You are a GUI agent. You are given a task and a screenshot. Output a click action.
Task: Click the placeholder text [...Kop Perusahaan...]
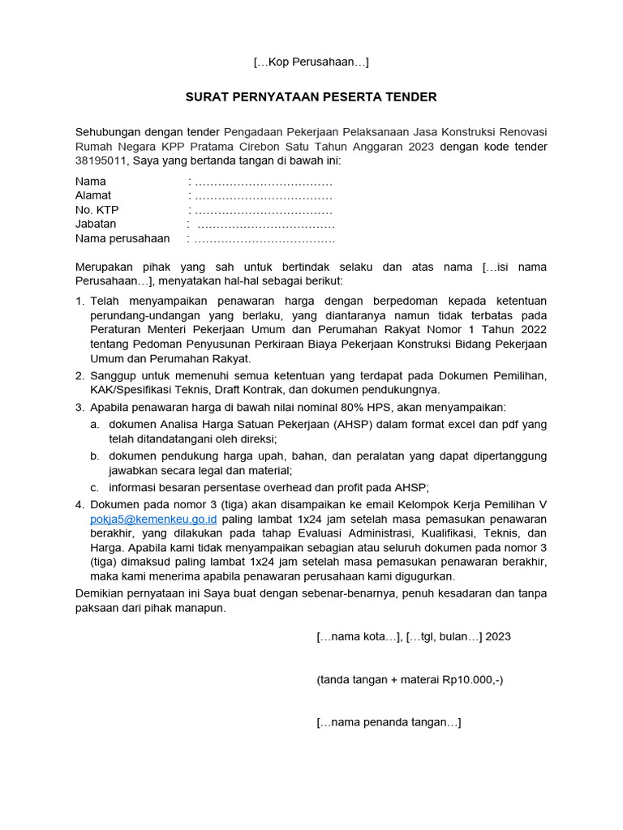point(311,62)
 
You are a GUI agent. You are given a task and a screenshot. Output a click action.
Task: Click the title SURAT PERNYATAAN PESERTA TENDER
point(311,97)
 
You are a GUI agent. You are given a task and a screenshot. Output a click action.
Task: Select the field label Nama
point(91,182)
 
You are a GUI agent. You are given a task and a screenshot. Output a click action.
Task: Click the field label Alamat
point(93,195)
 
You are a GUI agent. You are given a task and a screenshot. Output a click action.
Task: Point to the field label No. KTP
point(97,210)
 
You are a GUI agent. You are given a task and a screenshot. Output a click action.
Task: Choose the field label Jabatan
point(96,224)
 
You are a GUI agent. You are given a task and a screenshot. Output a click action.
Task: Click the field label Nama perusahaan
point(122,238)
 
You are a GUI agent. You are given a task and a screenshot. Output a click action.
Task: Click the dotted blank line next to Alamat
point(264,196)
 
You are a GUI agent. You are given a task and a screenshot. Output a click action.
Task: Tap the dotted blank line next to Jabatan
point(266,225)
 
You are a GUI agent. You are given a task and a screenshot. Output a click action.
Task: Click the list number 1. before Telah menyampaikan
point(79,302)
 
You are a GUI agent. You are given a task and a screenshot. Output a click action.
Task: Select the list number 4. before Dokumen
point(79,504)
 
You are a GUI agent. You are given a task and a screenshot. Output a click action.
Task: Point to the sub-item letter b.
point(95,456)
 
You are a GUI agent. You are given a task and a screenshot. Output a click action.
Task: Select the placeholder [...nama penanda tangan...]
point(389,722)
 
